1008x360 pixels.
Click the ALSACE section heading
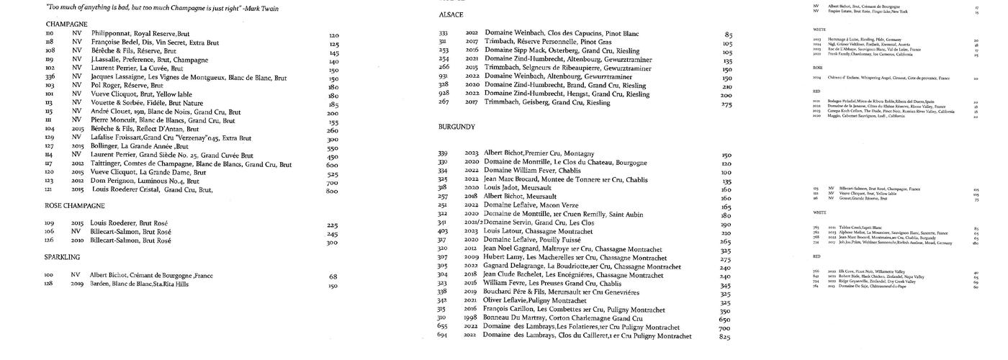(x=451, y=15)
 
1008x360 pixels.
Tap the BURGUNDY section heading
(x=456, y=127)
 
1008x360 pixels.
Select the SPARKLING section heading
(x=62, y=257)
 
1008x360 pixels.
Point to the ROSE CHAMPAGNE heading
(x=75, y=206)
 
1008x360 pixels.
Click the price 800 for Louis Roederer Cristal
(x=332, y=191)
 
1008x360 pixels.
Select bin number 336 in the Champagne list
(x=50, y=77)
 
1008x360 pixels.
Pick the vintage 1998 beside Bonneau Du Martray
(x=471, y=318)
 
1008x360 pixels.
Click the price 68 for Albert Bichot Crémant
(x=333, y=276)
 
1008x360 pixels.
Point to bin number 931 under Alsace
(x=443, y=76)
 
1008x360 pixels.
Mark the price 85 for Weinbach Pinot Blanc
(x=729, y=35)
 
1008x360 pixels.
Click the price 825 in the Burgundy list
(x=724, y=337)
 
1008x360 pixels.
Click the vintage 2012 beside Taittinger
(x=78, y=165)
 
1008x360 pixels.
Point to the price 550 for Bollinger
(x=333, y=148)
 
